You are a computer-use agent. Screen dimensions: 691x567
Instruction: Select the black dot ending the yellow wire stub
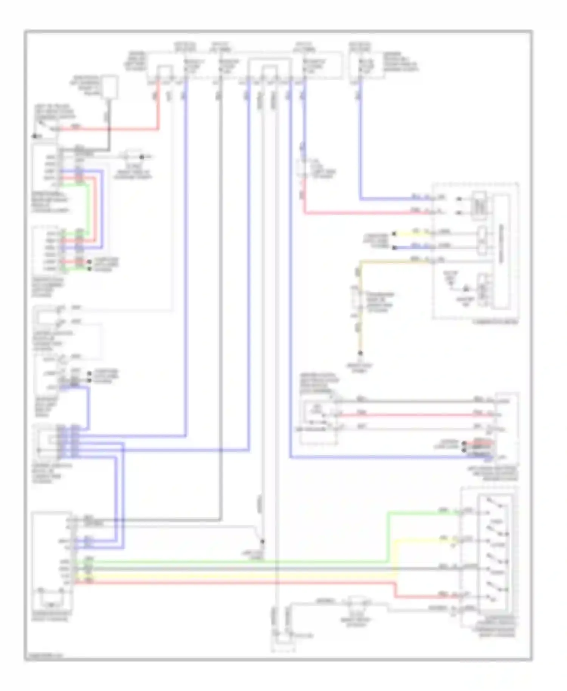point(394,234)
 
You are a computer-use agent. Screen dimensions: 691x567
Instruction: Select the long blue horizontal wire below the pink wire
point(378,458)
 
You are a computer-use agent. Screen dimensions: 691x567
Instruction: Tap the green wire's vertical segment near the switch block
point(387,537)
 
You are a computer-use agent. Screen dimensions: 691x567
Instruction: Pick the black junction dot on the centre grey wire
point(263,541)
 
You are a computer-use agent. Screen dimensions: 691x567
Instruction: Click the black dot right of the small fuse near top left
point(142,157)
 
